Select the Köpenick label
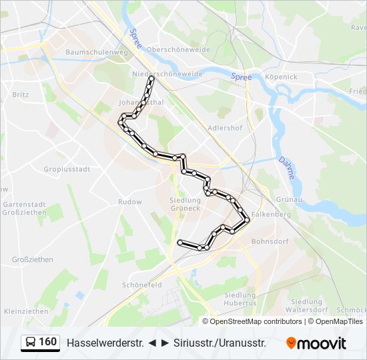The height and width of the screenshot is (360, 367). [281, 77]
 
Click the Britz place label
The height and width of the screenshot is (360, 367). [21, 95]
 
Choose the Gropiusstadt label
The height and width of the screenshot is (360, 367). [67, 169]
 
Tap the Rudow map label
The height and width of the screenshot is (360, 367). [130, 201]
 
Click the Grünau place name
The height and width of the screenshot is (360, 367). [289, 198]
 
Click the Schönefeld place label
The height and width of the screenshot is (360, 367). [142, 285]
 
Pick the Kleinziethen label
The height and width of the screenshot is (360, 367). [26, 311]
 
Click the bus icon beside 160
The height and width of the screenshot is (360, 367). [31, 343]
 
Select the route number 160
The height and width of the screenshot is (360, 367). [48, 342]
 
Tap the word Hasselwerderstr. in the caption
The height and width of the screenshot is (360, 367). [105, 343]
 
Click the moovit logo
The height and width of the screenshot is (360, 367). [316, 343]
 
